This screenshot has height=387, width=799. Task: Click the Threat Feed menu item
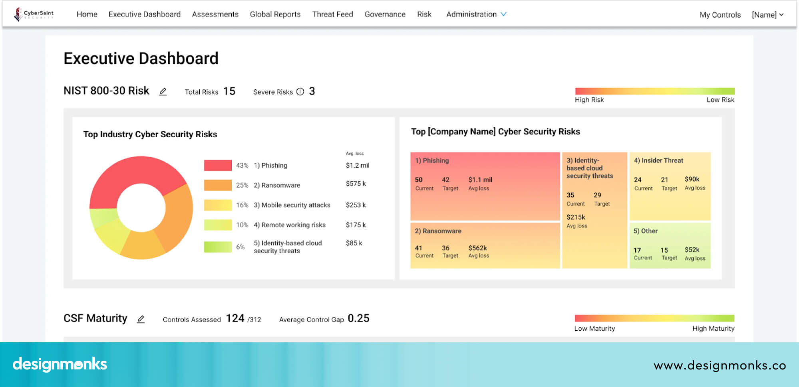click(332, 14)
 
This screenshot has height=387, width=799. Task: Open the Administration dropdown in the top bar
click(476, 14)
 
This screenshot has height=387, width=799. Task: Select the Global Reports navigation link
click(275, 14)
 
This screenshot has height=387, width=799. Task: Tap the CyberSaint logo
click(34, 14)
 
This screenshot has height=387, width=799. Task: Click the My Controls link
click(720, 15)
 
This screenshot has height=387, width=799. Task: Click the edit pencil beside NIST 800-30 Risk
click(163, 92)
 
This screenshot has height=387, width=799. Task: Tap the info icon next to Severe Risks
click(300, 92)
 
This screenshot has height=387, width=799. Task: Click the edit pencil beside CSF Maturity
click(141, 319)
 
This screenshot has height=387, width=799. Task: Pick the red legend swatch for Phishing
click(218, 165)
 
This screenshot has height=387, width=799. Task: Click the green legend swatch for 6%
click(218, 247)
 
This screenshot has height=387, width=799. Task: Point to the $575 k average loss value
click(356, 184)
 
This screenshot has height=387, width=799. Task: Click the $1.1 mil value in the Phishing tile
click(480, 180)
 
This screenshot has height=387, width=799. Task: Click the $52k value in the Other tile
click(692, 250)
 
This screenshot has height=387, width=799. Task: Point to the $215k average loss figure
click(576, 217)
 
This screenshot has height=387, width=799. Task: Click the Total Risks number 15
click(229, 91)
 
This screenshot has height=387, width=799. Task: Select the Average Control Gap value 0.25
click(358, 318)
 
